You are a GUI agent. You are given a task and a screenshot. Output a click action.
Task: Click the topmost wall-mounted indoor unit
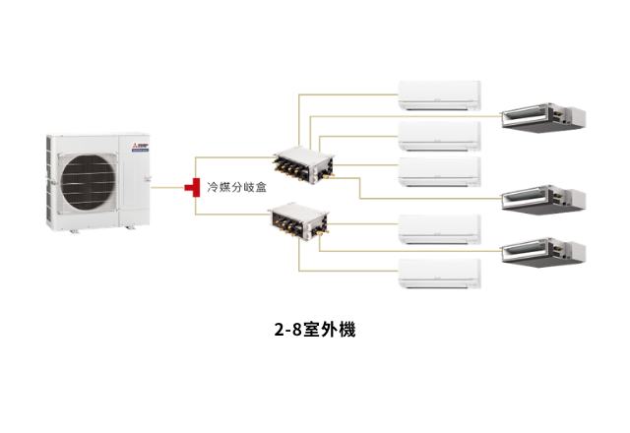439,94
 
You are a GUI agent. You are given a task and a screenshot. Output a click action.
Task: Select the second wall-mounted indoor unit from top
439,134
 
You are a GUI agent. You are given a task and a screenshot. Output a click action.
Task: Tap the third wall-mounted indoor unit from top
439,170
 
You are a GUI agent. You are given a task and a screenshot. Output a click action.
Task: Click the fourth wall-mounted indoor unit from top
439,229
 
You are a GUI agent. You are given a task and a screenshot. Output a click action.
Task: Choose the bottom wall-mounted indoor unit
439,273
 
